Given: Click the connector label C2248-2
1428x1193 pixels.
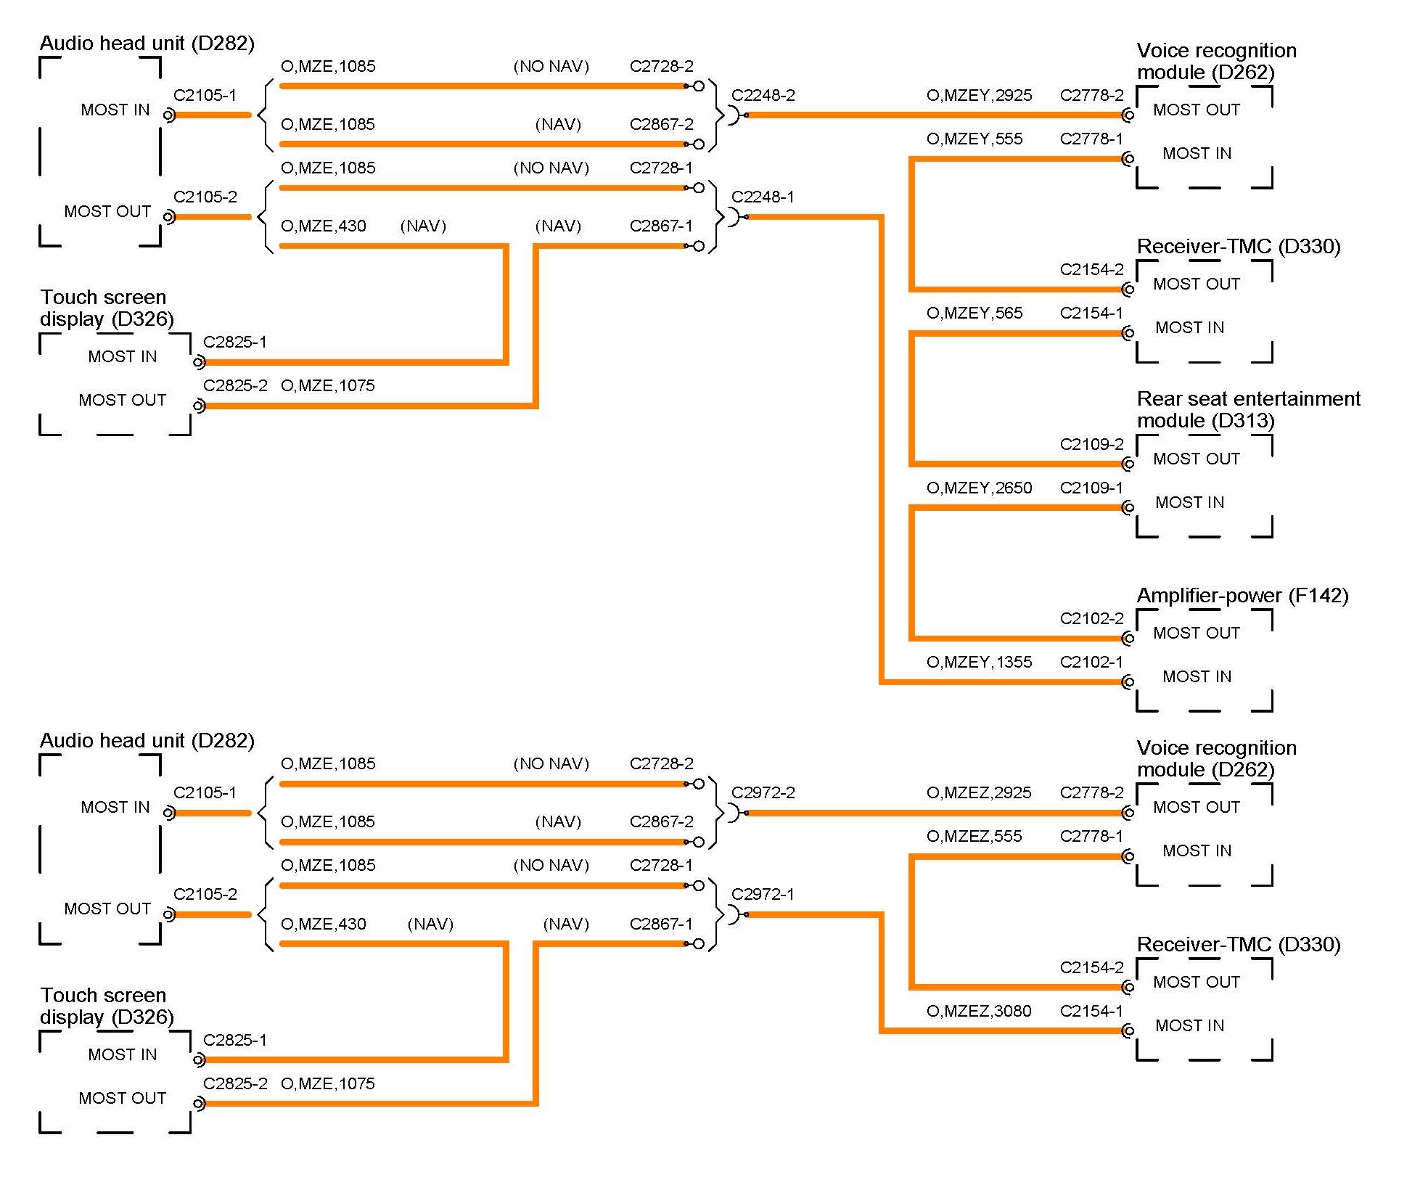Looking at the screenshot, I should tap(763, 96).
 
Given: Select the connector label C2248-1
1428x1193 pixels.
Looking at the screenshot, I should tap(763, 197).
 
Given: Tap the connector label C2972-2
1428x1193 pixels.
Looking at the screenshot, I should tap(763, 793).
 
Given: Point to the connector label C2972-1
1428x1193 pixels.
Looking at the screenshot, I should tap(763, 895).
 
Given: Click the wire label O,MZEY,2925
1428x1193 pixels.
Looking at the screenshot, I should tap(979, 96).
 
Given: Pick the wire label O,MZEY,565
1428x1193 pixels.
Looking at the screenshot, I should tap(974, 313).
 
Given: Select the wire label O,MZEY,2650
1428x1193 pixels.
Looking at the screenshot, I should tap(979, 488).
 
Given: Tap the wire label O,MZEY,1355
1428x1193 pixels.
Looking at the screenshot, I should tap(979, 663).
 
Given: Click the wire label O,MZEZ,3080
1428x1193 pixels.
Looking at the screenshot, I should tap(979, 1012).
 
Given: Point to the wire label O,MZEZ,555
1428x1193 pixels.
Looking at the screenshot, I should tap(974, 837).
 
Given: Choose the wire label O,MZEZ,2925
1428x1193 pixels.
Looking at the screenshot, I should tap(979, 793).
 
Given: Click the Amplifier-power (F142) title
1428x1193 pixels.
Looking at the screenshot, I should tap(1242, 596).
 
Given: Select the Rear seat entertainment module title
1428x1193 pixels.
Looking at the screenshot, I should tap(1248, 410).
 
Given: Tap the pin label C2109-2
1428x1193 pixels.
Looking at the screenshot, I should tap(1091, 445).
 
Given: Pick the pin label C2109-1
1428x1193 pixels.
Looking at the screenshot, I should tap(1091, 488).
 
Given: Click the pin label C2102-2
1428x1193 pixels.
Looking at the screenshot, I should tap(1091, 619).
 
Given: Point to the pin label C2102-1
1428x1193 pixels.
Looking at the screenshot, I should tap(1091, 663).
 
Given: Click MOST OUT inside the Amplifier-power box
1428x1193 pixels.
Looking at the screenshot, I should tap(1197, 634).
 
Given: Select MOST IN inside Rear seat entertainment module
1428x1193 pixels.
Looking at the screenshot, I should tap(1189, 503).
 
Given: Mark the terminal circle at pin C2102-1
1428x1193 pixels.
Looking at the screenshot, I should tap(1128, 682).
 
